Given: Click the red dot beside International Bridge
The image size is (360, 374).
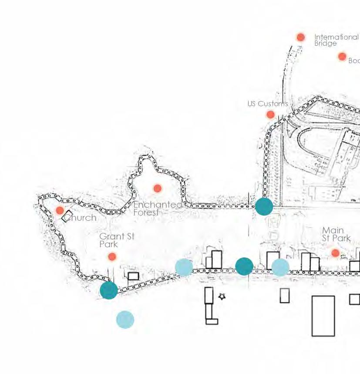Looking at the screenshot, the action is tap(300, 37).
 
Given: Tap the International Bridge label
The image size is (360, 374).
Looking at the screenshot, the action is tap(336, 40).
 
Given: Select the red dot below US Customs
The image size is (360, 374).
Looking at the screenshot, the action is tap(270, 115).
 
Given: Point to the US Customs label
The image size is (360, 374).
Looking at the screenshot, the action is tap(267, 104).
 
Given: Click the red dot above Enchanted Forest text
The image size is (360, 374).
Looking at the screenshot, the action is tap(157, 189).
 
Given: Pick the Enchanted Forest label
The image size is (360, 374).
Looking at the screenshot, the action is tap(158, 208).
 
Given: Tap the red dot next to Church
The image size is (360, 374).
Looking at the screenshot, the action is tap(60, 211).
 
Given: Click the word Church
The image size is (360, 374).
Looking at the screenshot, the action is tap(81, 218).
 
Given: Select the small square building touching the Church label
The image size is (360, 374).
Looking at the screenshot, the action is tap(67, 216).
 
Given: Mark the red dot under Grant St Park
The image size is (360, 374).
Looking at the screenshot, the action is tap(112, 256).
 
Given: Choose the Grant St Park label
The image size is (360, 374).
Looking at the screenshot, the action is tap(116, 240).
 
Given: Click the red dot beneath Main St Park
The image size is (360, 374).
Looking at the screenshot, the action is tap(335, 253).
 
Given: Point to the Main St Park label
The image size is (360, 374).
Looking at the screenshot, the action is tap(336, 234).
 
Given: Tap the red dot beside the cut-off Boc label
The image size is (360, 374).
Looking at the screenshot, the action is tap(342, 57).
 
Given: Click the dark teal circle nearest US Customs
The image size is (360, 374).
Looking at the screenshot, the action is tap(264, 206).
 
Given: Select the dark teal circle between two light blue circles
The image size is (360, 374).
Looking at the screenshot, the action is tap(244, 266).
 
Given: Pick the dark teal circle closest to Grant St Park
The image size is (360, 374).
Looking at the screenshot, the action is tap(109, 290).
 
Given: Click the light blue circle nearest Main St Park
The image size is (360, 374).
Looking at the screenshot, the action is tap(280, 267).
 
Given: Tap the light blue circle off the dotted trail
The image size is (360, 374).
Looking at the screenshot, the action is tap(125, 320).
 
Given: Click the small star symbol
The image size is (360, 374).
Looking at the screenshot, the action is tap(222, 297).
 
